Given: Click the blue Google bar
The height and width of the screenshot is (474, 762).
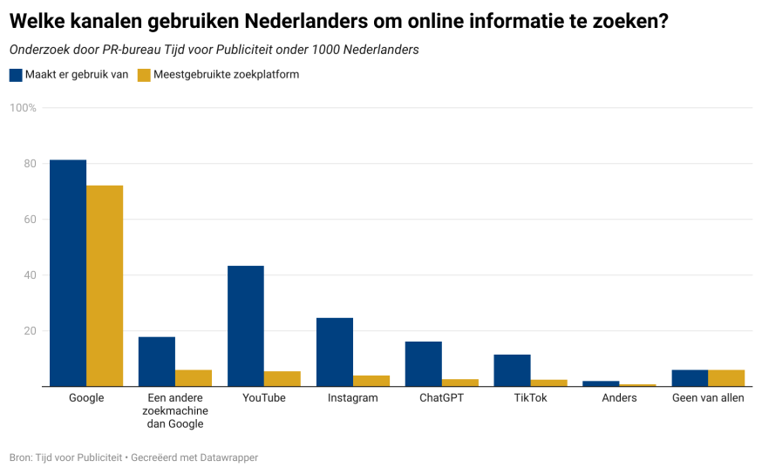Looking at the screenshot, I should [x=68, y=273].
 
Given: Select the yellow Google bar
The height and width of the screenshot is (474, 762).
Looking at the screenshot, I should [x=105, y=286].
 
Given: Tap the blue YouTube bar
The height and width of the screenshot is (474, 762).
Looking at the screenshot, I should [x=246, y=326].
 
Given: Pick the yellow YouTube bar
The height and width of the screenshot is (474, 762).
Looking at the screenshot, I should [x=282, y=379].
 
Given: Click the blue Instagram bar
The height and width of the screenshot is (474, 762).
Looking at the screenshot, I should [x=335, y=352].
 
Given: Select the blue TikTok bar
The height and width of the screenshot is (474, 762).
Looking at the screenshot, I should [x=512, y=370].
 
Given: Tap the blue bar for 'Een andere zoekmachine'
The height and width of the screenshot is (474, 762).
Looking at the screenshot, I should [x=157, y=362].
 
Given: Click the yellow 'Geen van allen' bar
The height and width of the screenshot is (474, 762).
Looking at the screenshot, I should [x=726, y=378].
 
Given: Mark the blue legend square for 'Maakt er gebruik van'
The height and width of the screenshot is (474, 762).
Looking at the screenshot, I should [x=16, y=75].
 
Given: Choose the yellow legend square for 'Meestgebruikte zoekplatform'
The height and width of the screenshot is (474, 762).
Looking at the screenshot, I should [x=144, y=75].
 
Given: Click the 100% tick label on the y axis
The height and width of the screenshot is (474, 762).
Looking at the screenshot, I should [x=23, y=108].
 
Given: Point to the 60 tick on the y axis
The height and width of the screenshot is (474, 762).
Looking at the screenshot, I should [x=30, y=220].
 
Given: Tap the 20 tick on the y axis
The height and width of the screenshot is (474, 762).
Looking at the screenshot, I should [x=30, y=331].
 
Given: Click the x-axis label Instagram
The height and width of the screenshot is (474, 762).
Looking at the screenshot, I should [x=353, y=398].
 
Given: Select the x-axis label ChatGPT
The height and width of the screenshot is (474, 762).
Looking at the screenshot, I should [x=442, y=398].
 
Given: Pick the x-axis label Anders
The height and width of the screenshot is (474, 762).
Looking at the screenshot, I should [x=620, y=398].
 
